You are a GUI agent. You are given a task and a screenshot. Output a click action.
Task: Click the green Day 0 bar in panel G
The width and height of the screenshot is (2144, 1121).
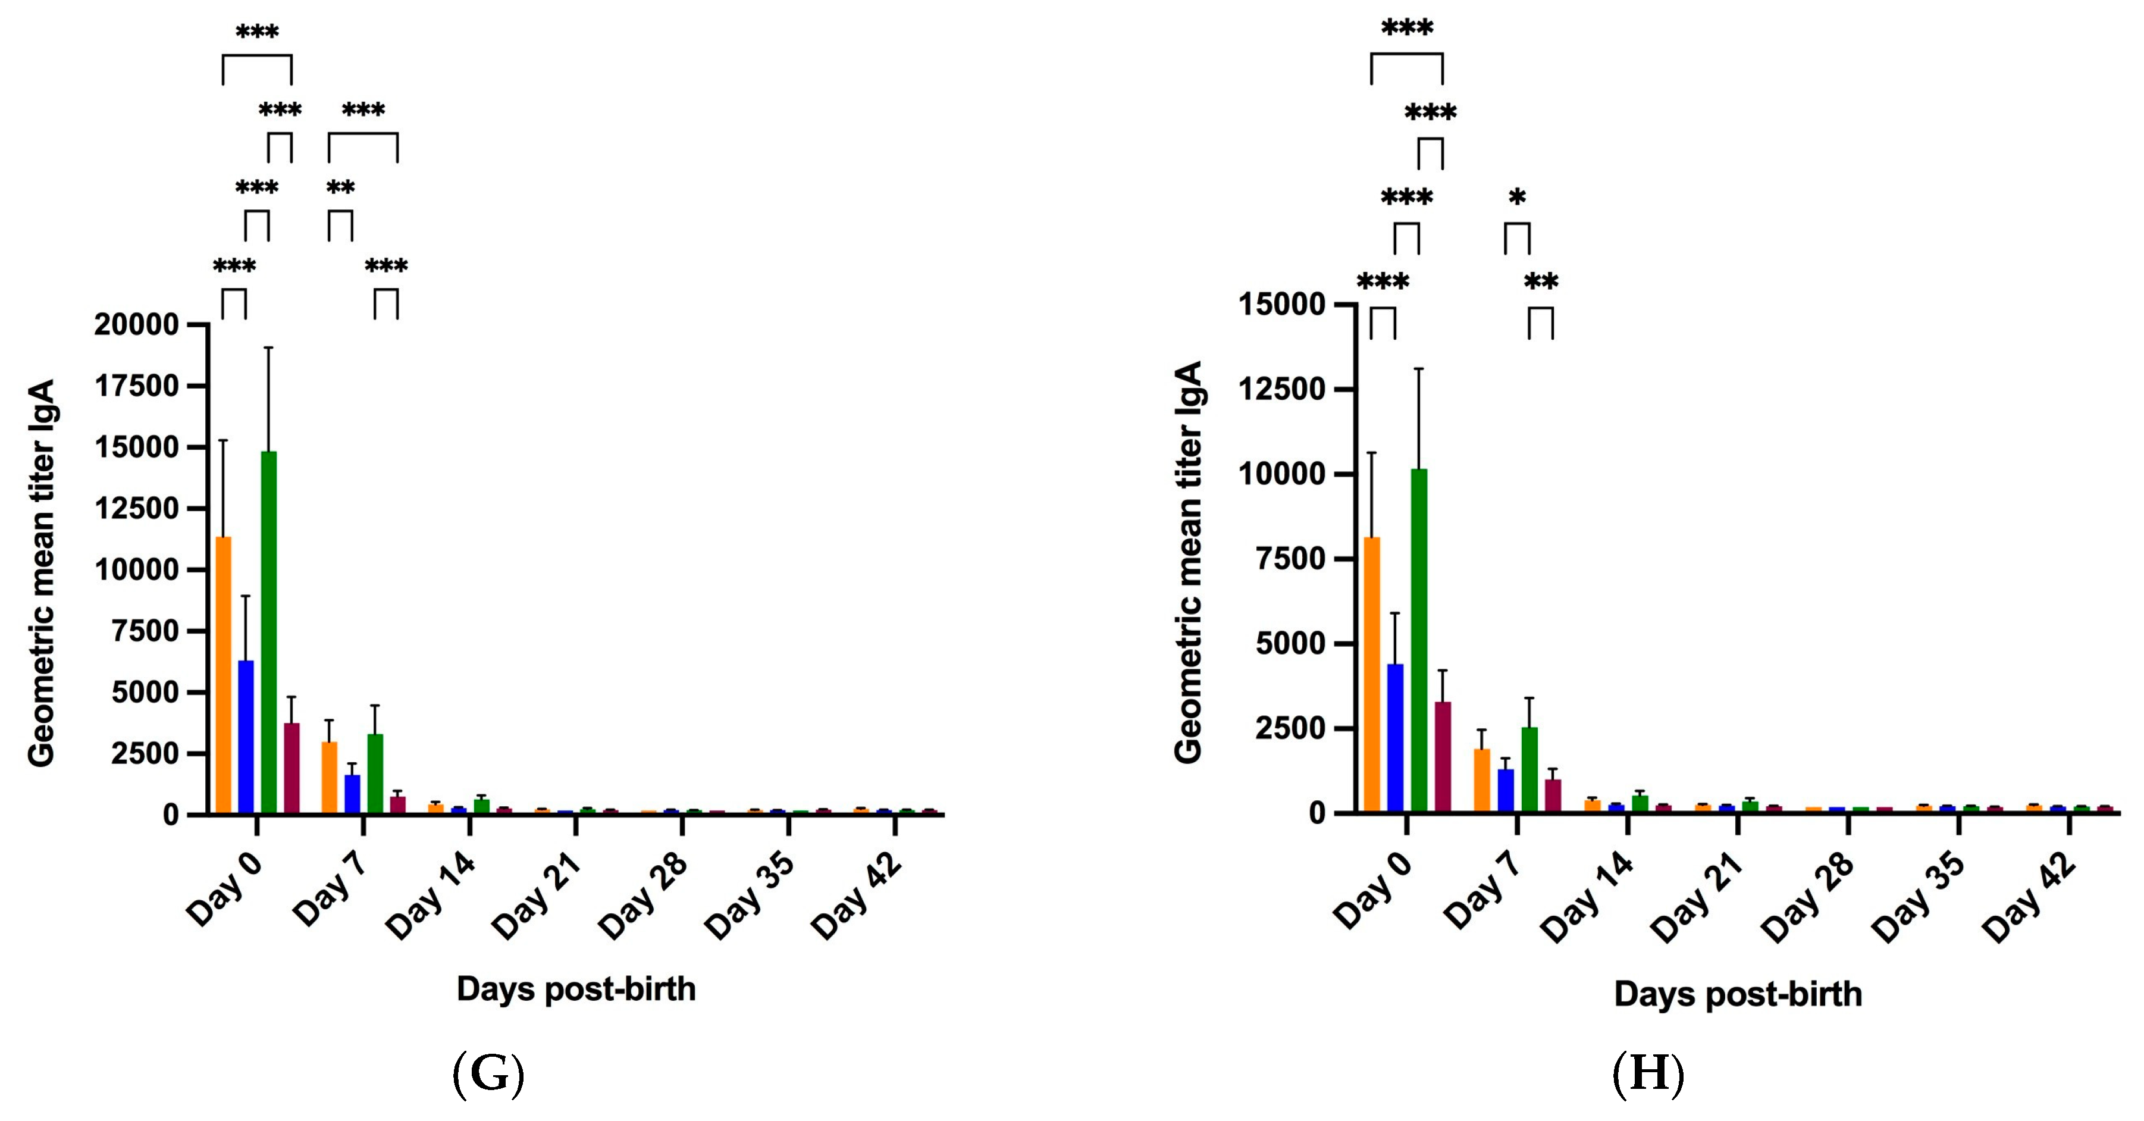[269, 632]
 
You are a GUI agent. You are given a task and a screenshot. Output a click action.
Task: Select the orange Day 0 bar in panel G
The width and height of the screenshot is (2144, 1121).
[223, 674]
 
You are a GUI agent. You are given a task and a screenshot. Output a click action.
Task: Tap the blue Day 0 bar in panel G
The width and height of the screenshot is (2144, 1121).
[246, 737]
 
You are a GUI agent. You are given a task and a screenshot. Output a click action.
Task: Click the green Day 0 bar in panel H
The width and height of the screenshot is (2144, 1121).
[1419, 641]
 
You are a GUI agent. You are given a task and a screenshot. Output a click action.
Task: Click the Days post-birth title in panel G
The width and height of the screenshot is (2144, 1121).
[576, 990]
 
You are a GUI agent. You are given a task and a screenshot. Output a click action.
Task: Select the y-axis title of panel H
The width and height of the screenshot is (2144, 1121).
[1189, 562]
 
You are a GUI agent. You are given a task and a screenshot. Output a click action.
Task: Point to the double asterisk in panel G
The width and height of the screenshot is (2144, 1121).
[340, 188]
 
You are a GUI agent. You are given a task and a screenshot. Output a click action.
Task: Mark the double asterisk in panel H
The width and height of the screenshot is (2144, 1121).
[1541, 282]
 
